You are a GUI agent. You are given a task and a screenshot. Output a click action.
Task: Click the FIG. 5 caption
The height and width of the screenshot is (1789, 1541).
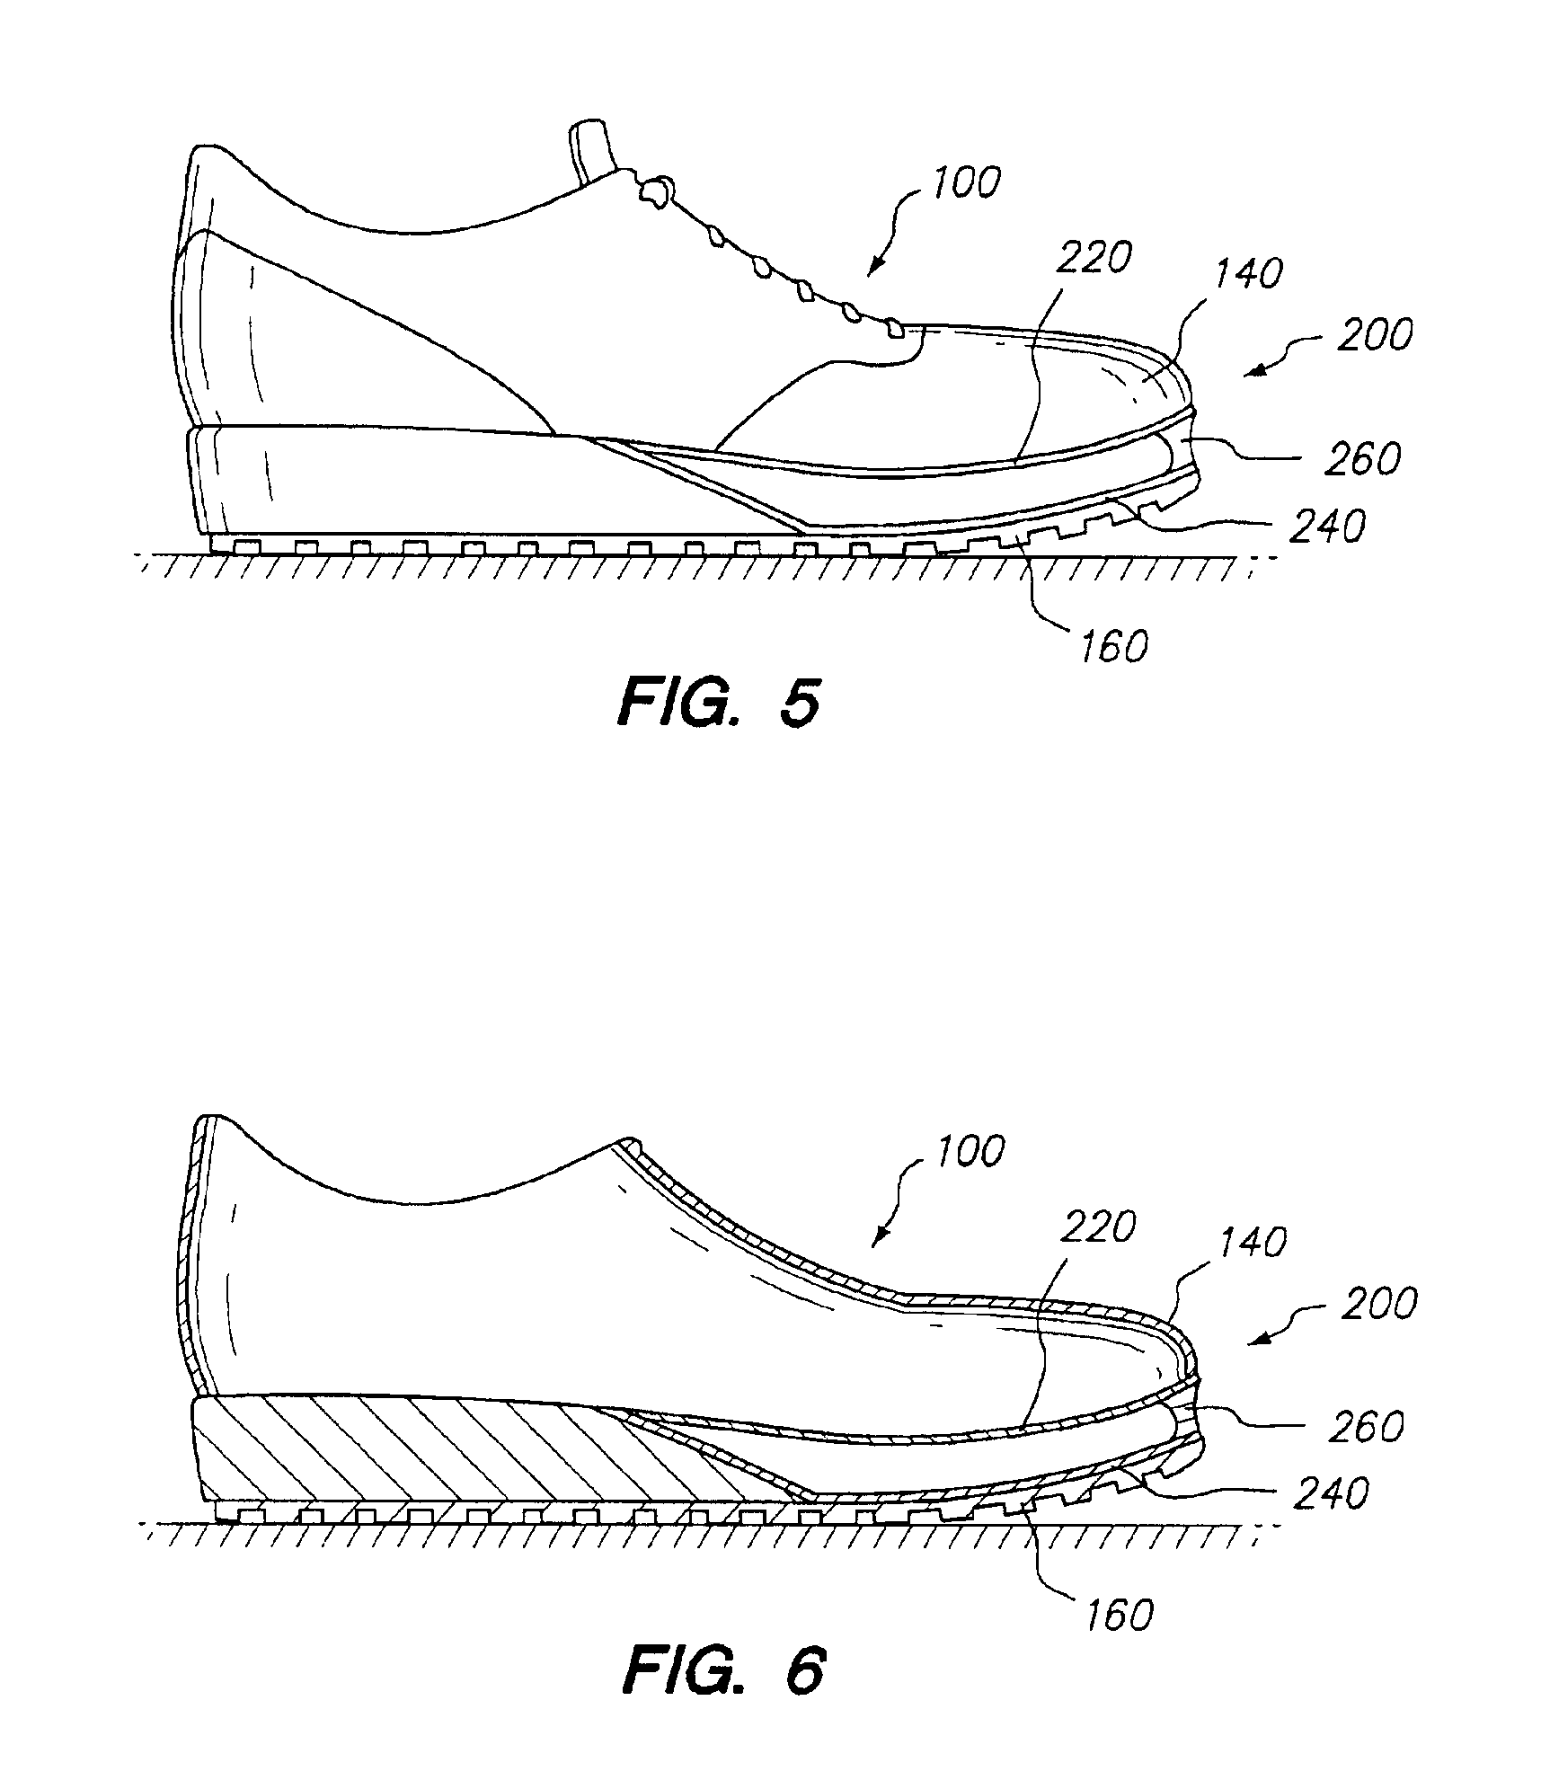click(x=719, y=703)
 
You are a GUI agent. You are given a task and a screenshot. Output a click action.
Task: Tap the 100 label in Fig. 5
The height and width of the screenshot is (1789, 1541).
click(x=965, y=183)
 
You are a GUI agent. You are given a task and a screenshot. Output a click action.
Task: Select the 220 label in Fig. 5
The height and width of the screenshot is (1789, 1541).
click(x=1093, y=259)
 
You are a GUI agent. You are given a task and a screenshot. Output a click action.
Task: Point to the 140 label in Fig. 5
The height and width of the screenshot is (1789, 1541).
click(x=1247, y=272)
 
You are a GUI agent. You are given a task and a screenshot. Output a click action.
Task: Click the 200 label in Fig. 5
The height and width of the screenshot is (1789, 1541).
click(x=1374, y=335)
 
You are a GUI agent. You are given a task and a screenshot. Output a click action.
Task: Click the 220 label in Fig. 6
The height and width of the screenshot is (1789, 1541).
click(x=1097, y=1227)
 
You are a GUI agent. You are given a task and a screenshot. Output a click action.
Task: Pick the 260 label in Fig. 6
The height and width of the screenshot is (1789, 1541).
click(x=1365, y=1426)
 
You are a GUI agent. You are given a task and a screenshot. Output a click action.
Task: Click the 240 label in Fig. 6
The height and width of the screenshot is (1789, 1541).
click(x=1331, y=1493)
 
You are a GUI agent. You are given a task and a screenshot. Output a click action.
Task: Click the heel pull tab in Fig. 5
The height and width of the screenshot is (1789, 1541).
click(x=589, y=150)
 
